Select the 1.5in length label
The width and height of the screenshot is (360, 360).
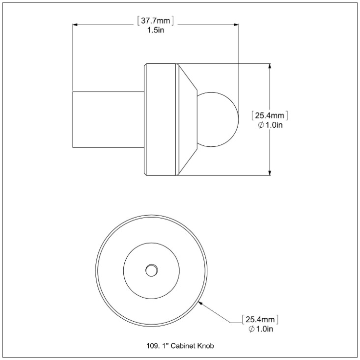[156, 30]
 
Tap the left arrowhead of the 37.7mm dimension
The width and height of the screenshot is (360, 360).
[75, 25]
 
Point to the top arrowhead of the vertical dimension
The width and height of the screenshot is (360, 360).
[270, 66]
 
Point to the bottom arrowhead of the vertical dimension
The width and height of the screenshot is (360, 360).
[270, 173]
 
